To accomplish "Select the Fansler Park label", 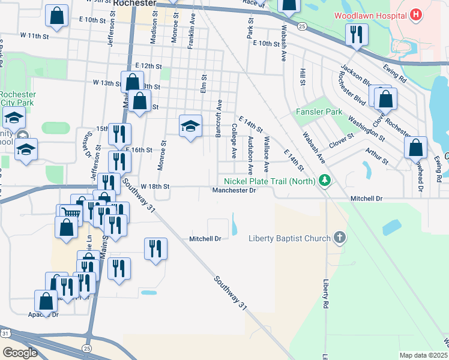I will [319, 112].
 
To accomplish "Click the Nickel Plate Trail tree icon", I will [325, 179].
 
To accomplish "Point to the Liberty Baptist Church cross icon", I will [340, 238].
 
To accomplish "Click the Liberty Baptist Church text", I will [290, 238].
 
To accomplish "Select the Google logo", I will [19, 352].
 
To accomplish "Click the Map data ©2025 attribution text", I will [424, 355].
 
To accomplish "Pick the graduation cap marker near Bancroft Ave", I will [190, 126].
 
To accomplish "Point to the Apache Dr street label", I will [43, 314].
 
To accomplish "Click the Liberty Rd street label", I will [325, 294].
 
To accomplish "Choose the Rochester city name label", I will [134, 3].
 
